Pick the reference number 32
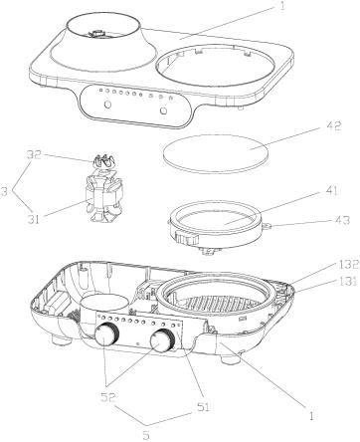[x=33, y=154]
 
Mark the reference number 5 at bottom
[x=146, y=435]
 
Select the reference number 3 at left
[x=4, y=191]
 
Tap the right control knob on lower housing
[x=162, y=340]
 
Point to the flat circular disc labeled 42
[x=215, y=153]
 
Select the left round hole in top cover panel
[x=107, y=105]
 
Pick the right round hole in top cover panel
[x=163, y=110]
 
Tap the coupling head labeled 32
[x=102, y=161]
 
